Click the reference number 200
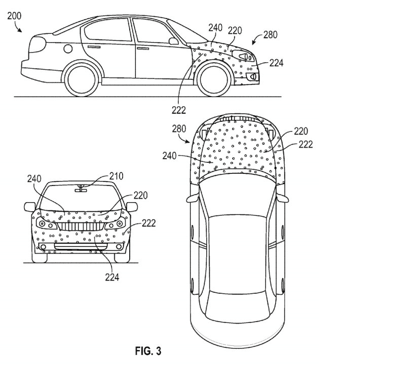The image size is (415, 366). pyautogui.click(x=15, y=16)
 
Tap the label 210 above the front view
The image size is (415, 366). pyautogui.click(x=116, y=176)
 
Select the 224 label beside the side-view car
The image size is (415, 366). pyautogui.click(x=276, y=63)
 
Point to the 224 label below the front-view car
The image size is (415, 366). pyautogui.click(x=112, y=277)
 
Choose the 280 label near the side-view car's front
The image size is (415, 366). pyautogui.click(x=270, y=35)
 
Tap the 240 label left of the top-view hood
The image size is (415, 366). pyautogui.click(x=170, y=156)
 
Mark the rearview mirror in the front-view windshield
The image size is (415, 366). pyautogui.click(x=80, y=189)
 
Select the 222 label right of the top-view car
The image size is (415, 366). pyautogui.click(x=306, y=144)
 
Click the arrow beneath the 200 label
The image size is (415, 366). pyautogui.click(x=19, y=29)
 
